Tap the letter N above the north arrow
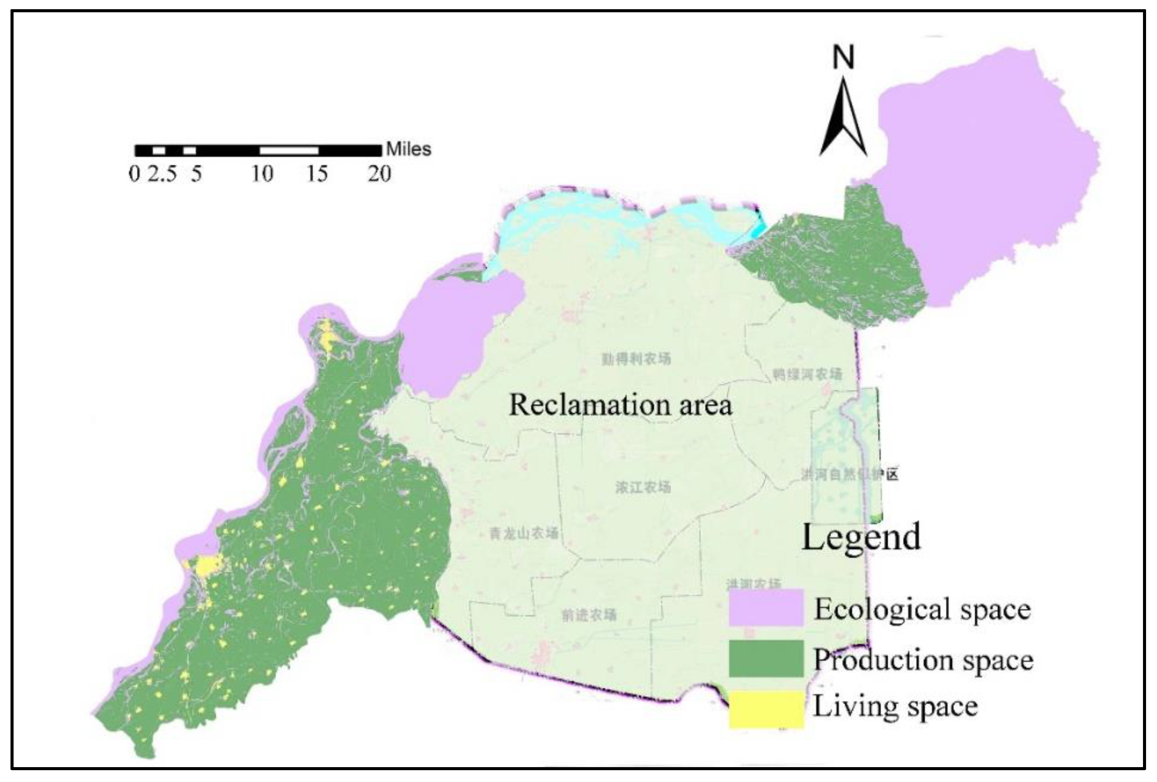(843, 57)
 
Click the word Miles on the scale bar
(409, 149)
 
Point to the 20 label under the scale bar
(379, 174)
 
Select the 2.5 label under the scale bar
(162, 174)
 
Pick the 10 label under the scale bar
(262, 174)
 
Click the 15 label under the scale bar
(317, 174)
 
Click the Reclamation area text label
(621, 405)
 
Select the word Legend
(861, 537)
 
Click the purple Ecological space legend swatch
(766, 607)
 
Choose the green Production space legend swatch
(766, 659)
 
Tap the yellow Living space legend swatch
(766, 709)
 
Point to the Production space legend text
(923, 659)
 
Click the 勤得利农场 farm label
(636, 359)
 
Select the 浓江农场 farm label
(643, 486)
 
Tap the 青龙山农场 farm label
(524, 533)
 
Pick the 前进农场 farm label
(589, 615)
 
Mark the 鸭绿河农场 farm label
(807, 374)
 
